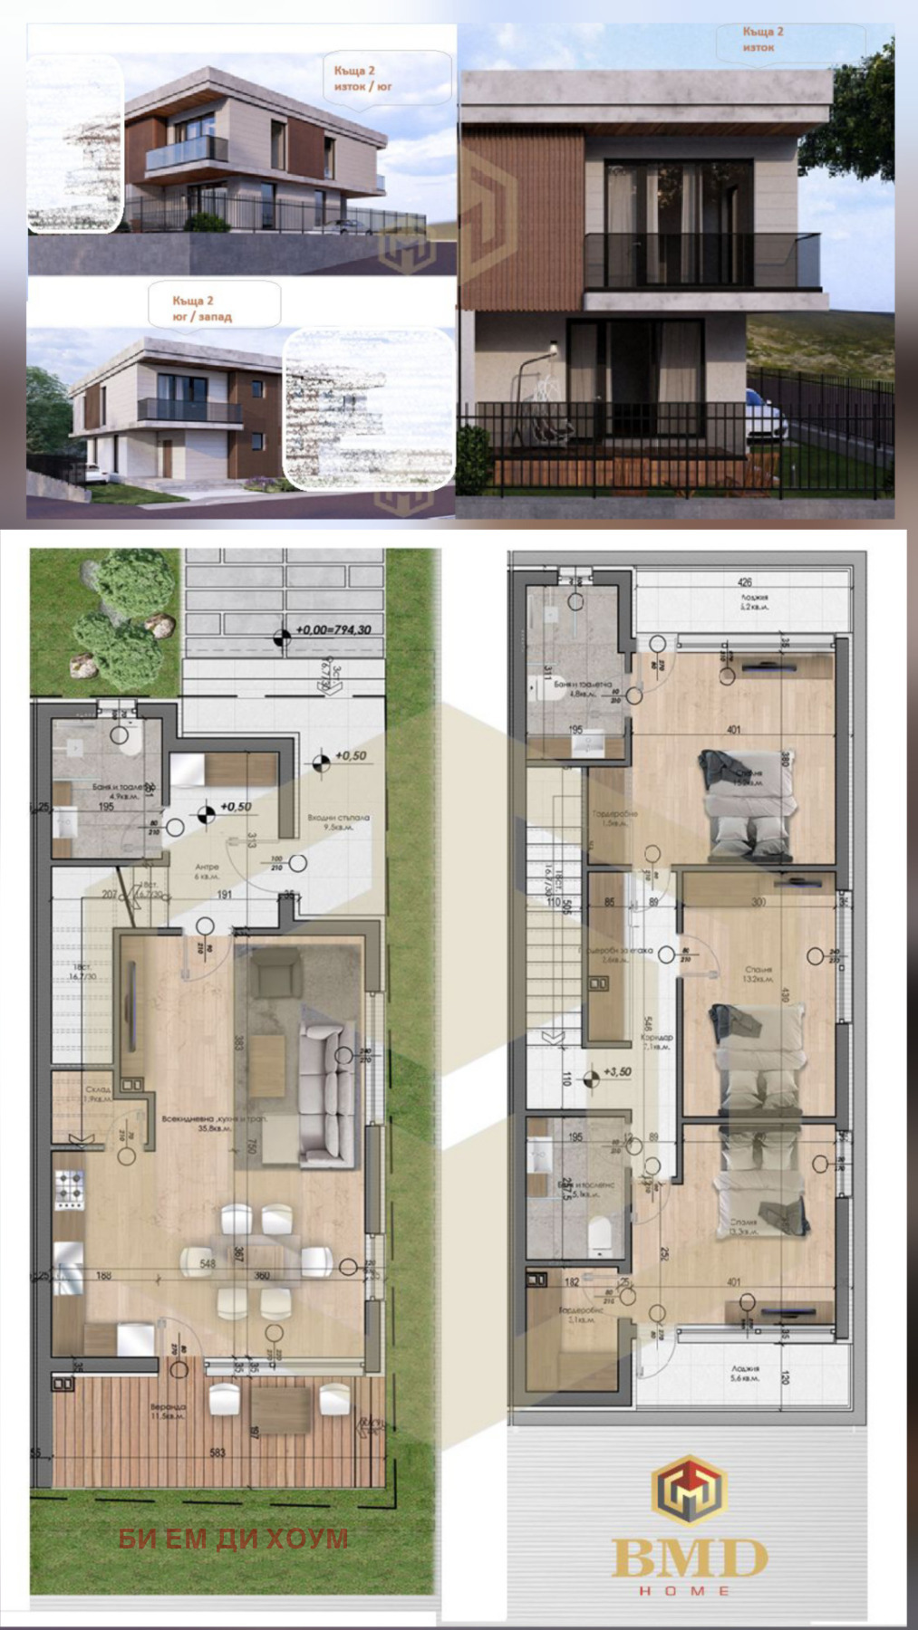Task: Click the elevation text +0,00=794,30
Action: [333, 629]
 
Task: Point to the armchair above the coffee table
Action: [275, 979]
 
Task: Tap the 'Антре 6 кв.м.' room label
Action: [207, 871]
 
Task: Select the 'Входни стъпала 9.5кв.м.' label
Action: [338, 821]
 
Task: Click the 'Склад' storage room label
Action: [97, 1093]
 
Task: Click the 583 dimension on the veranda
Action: [217, 1453]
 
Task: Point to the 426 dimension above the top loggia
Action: [745, 582]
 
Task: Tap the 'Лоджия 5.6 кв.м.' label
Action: [746, 1373]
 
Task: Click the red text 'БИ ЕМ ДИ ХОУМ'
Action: [233, 1538]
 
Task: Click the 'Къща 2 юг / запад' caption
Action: [201, 308]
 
